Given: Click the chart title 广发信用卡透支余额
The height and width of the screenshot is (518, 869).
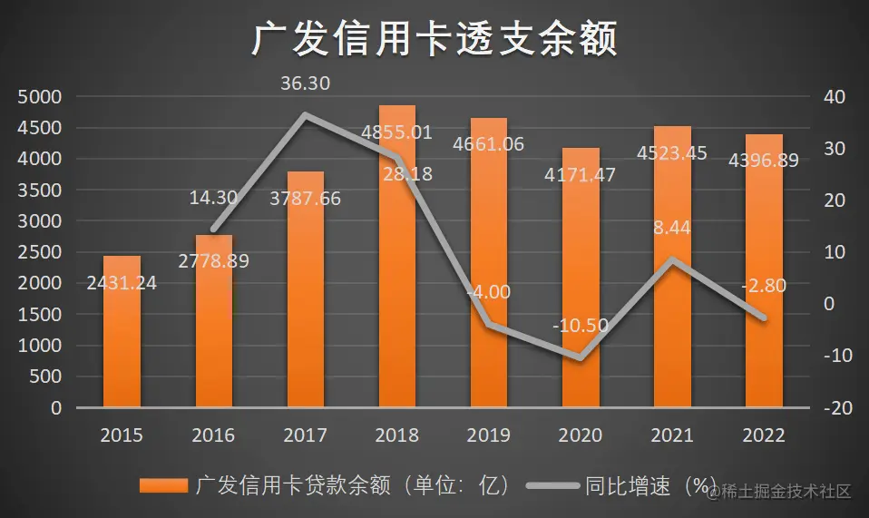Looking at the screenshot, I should (434, 40).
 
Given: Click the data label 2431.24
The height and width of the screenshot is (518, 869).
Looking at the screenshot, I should (122, 283).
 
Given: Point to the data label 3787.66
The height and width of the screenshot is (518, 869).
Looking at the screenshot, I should (305, 198).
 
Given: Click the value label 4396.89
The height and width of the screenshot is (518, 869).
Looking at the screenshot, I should (764, 161).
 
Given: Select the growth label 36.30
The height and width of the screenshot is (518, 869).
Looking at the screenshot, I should (305, 83).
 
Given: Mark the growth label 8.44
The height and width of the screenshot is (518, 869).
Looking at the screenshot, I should (672, 228).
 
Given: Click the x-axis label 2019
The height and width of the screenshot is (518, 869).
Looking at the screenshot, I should (489, 436).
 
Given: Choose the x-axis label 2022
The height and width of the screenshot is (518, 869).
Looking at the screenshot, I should (764, 436).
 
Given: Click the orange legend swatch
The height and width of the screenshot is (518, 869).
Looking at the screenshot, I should (162, 486).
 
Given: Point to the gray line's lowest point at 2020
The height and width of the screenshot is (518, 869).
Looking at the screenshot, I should (581, 357).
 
